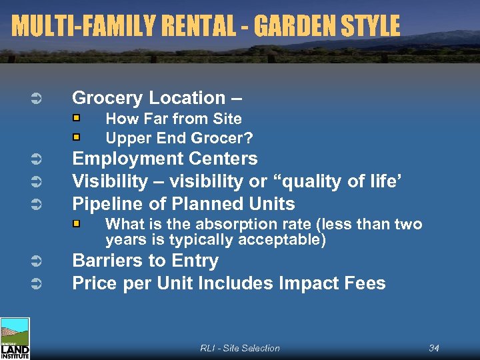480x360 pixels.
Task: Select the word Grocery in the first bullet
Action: click(107, 98)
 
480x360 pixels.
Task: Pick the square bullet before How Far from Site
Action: click(77, 119)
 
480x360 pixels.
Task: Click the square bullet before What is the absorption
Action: click(77, 224)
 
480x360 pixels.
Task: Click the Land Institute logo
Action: click(15, 339)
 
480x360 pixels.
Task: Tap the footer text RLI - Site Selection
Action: click(240, 348)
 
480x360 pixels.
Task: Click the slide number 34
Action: click(434, 348)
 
